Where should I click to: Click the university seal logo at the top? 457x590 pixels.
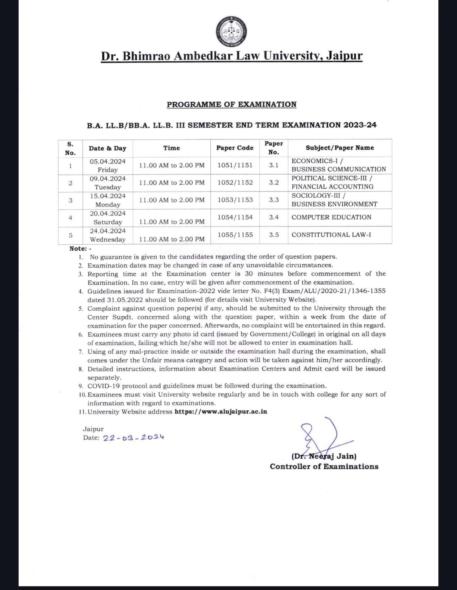coord(231,33)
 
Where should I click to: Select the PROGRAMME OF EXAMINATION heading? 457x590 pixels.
coord(231,104)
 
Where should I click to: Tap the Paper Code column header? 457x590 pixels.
coord(235,148)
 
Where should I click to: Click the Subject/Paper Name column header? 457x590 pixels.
coord(340,148)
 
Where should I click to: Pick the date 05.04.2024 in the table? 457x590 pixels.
coord(107,161)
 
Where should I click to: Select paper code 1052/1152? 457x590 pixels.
coord(235,183)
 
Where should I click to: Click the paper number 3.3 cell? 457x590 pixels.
coord(274,200)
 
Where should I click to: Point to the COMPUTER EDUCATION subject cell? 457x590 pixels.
coord(331,217)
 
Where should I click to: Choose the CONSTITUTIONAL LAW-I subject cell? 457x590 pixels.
coord(331,235)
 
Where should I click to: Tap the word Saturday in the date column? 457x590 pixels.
coord(107,222)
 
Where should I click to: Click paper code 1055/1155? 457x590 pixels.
coord(235,235)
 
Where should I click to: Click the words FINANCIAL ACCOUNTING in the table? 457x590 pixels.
coord(333,186)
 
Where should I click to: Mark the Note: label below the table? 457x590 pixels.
coord(78,249)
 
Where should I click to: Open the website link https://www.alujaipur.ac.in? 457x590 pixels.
coord(221,412)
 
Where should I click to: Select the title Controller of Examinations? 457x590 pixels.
coord(324,467)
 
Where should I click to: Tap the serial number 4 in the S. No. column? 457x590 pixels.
coord(70,218)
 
